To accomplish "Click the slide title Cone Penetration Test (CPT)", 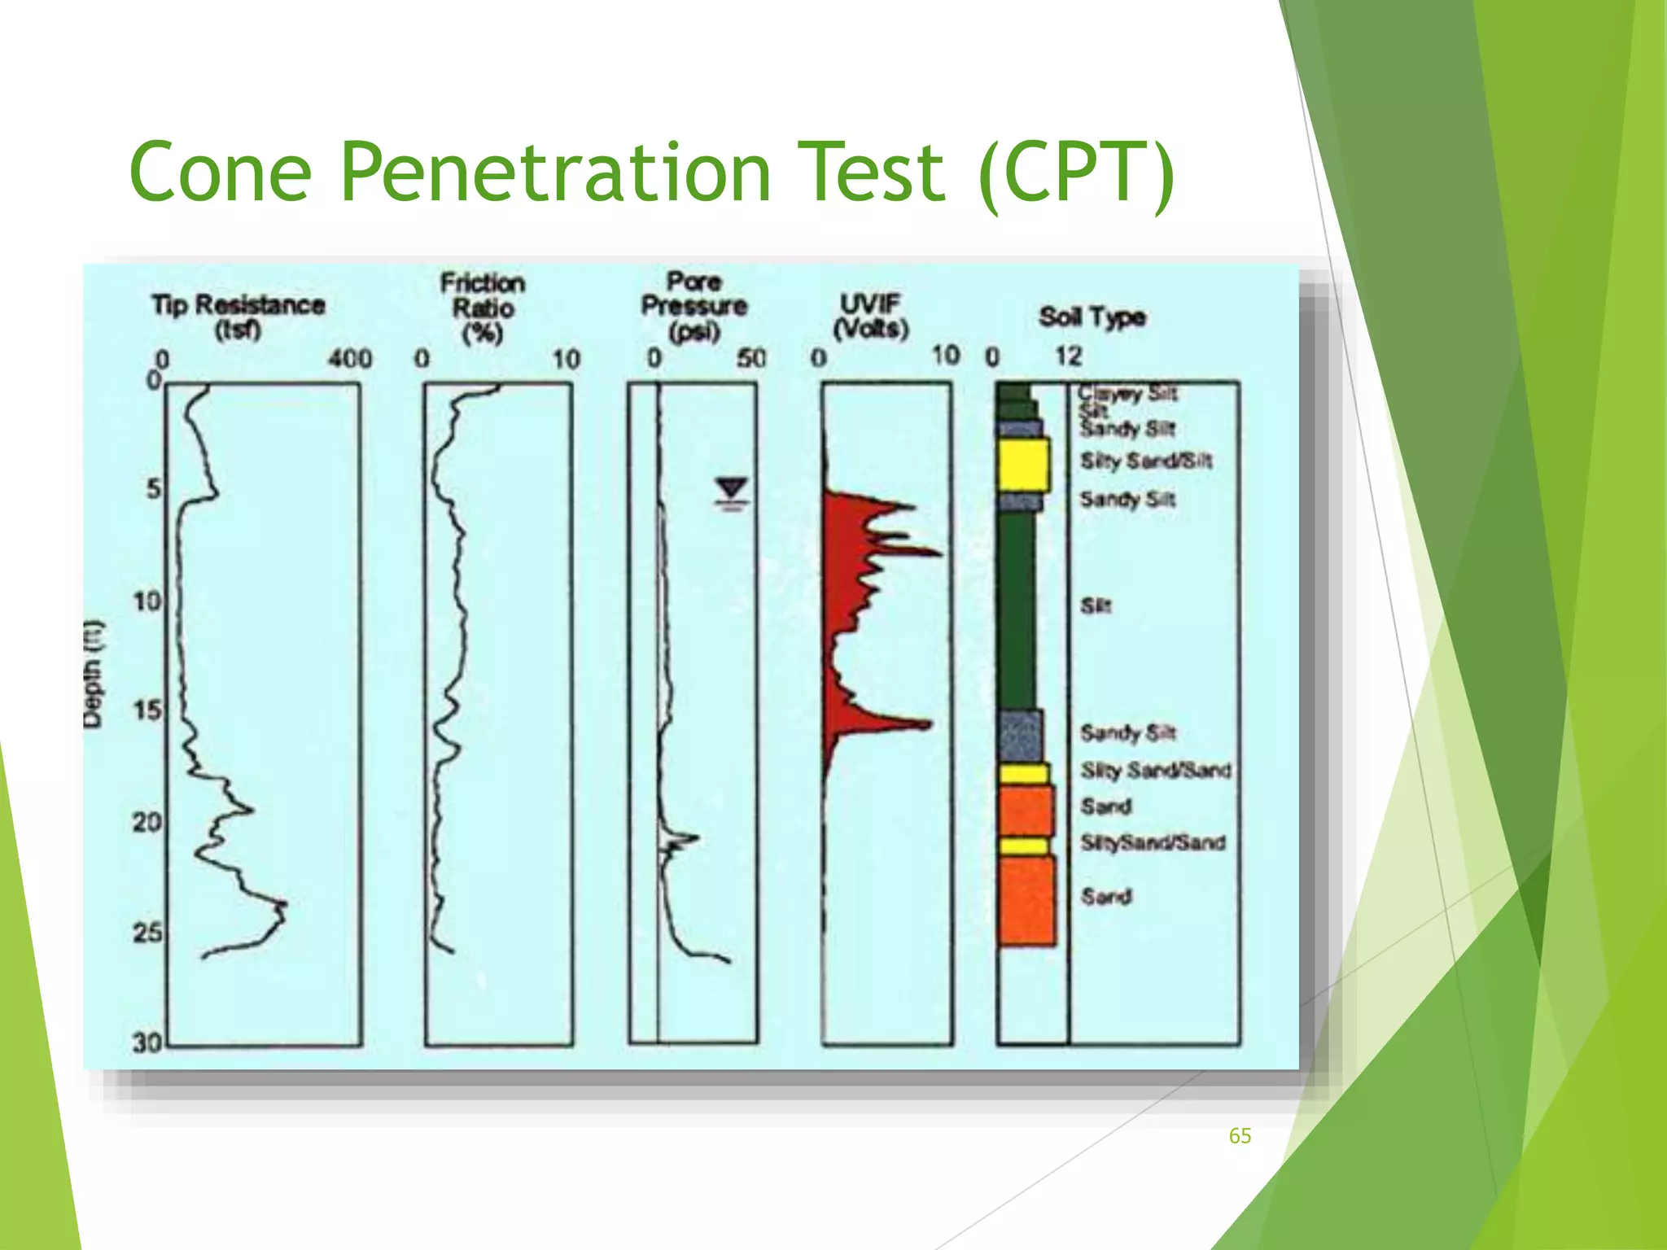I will [x=651, y=173].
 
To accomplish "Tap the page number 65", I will [x=1240, y=1136].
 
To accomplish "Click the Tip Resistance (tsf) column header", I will [x=238, y=317].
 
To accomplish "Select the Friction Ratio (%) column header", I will [x=483, y=308].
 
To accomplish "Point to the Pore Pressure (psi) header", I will [x=694, y=306].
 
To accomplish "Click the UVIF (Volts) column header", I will [x=870, y=316].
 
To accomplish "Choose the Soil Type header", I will [x=1092, y=317].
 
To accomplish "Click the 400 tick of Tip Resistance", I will [x=350, y=358].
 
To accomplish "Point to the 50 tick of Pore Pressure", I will [x=751, y=358].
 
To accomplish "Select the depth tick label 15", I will [x=147, y=710].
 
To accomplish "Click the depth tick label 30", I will [x=147, y=1042].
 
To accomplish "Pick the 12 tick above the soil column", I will [x=1069, y=356].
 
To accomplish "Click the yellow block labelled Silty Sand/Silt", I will [x=1023, y=465].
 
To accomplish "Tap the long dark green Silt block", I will [x=1017, y=610].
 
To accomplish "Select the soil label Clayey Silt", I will [x=1128, y=394].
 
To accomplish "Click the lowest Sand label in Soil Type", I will [x=1106, y=896].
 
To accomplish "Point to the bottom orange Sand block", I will [x=1026, y=901].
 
